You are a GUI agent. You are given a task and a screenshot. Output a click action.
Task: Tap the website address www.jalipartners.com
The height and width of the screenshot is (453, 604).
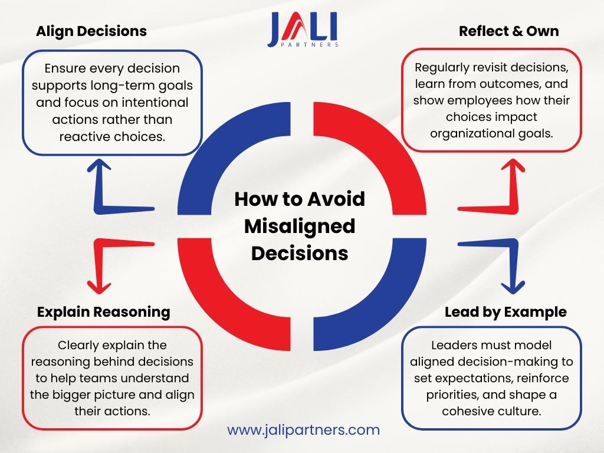click(303, 429)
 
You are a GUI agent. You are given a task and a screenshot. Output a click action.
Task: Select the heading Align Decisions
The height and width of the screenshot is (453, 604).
click(91, 31)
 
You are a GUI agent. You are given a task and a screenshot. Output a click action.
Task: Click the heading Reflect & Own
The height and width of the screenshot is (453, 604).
click(508, 31)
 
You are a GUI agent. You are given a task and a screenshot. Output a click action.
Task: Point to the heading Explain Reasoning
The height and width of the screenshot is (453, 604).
click(103, 311)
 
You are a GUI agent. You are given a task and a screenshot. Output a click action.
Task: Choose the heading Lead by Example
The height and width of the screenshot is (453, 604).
click(505, 311)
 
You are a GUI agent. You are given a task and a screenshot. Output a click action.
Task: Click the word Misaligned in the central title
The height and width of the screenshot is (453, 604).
click(300, 226)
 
